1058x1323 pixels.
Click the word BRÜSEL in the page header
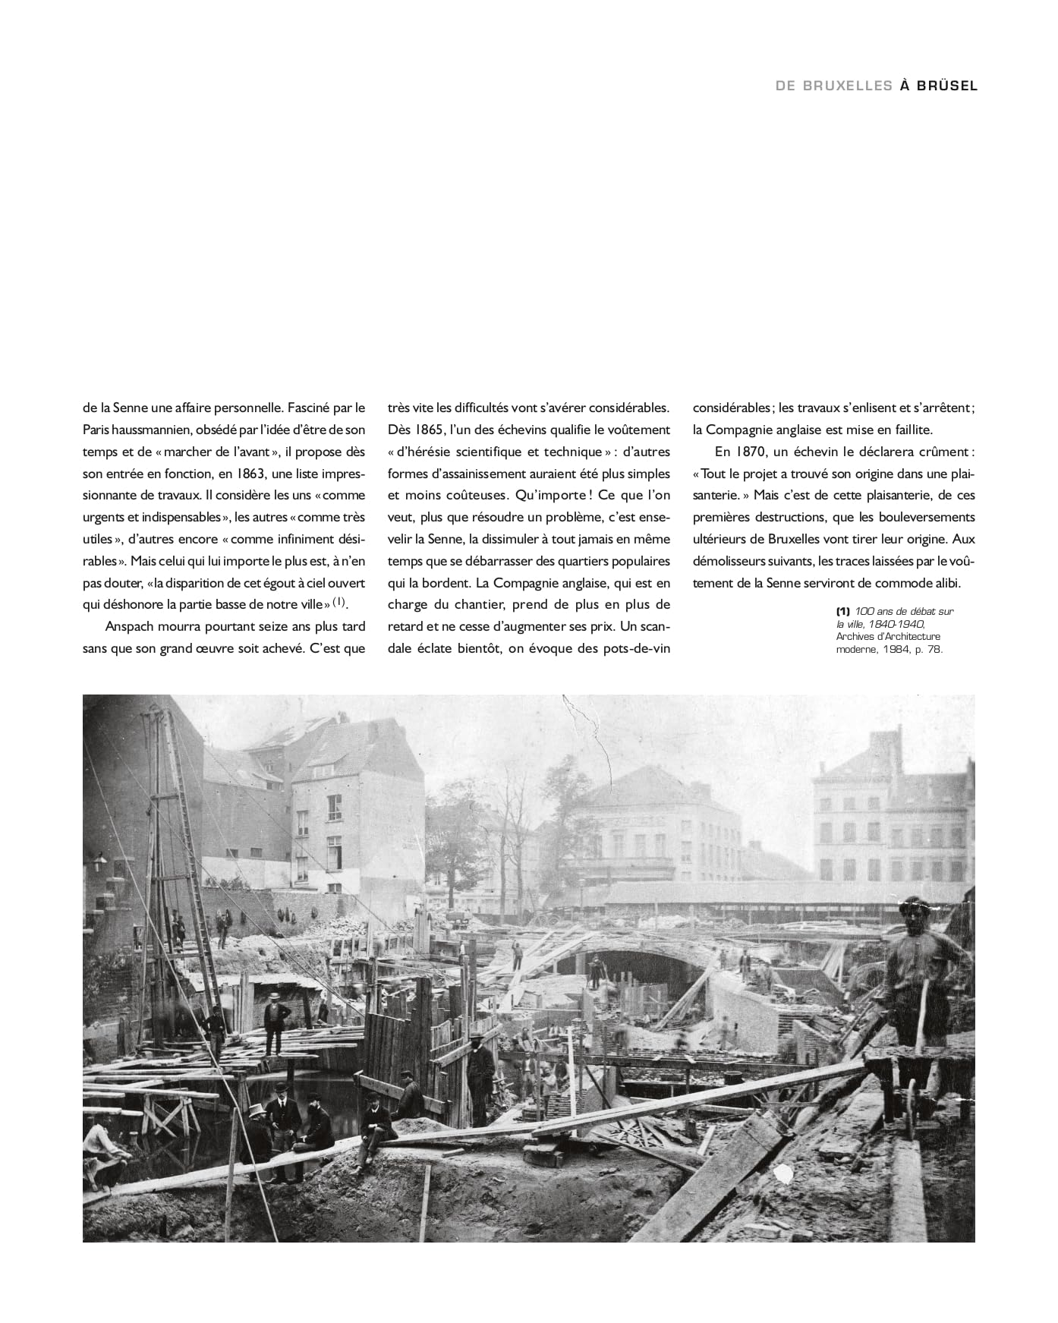tap(947, 86)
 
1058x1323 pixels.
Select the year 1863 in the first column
tap(260, 474)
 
